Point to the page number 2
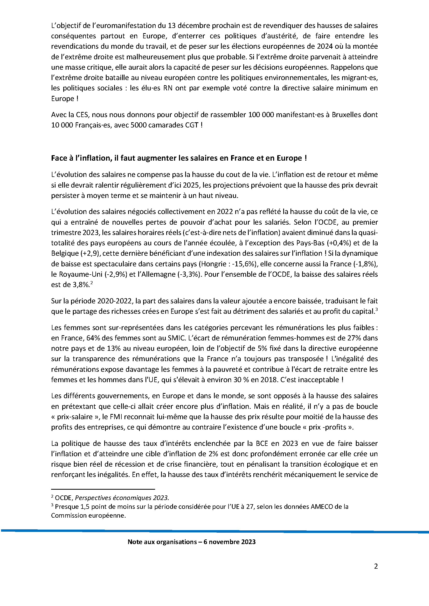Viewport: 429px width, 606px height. pyautogui.click(x=376, y=574)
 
